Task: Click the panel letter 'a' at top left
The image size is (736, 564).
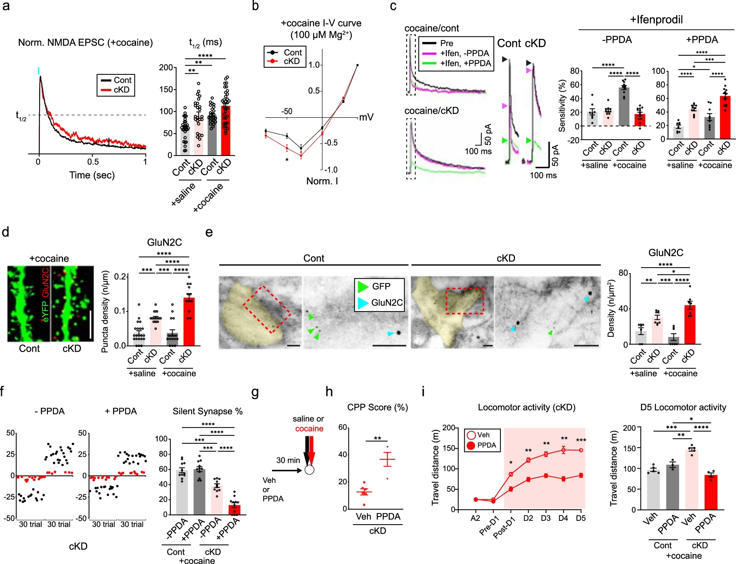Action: [6, 7]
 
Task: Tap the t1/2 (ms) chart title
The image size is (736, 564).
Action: [205, 42]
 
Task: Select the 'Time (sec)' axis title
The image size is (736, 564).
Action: [92, 175]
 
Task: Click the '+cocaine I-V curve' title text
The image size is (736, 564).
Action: [321, 23]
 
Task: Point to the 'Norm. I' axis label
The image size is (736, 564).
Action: [322, 181]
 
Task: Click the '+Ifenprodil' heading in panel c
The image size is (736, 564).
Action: [656, 20]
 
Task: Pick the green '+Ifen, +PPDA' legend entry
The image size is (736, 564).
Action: [457, 63]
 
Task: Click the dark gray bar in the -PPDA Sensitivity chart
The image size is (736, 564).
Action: [624, 106]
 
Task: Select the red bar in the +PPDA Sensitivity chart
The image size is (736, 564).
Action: [725, 117]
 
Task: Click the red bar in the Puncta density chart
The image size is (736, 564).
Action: [189, 322]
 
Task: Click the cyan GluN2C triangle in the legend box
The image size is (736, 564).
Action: [363, 303]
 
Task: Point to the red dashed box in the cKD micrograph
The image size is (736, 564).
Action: [465, 301]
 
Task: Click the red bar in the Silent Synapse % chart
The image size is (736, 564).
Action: [234, 510]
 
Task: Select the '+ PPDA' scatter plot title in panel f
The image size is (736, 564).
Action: [121, 411]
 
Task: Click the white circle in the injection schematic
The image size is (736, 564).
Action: [309, 470]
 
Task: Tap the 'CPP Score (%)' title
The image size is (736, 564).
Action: [378, 408]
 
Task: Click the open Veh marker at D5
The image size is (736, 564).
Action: [581, 450]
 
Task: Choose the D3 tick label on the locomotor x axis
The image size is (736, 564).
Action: [546, 518]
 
